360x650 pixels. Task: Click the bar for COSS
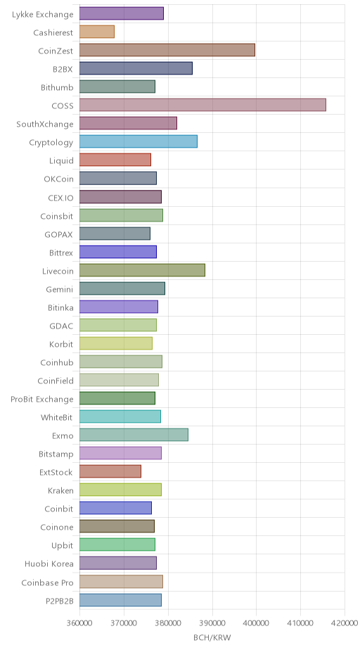coord(202,106)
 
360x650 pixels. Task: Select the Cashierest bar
coord(97,32)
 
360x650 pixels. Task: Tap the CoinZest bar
coord(167,50)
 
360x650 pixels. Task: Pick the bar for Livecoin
coord(142,270)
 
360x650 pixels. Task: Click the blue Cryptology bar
coord(139,142)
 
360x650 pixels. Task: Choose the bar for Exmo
coord(134,435)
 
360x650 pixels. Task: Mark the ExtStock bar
coord(110,471)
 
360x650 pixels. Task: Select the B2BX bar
coord(136,68)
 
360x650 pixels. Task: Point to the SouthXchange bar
coord(129,124)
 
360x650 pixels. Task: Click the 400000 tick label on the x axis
coord(256,623)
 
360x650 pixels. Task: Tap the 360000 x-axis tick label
coord(79,623)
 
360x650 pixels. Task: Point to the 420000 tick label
coord(345,623)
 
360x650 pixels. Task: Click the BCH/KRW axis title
coord(212,637)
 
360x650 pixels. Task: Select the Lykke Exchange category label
coord(43,14)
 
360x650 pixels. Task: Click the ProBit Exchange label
coord(42,399)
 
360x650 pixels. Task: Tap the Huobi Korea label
coord(49,563)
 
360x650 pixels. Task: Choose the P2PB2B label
coord(60,600)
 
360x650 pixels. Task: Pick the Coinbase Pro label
coord(48,582)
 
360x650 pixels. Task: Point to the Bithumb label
coord(57,87)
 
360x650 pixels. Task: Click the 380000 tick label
coord(168,623)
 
